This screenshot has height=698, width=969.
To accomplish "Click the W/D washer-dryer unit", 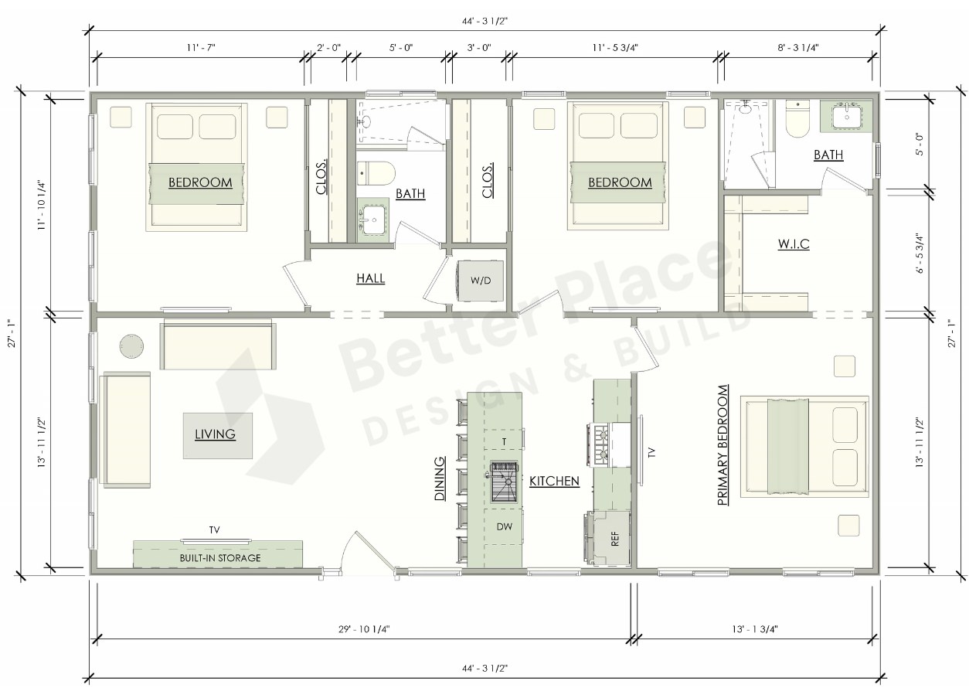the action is tap(481, 280).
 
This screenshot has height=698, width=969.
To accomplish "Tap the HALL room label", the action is tap(371, 278).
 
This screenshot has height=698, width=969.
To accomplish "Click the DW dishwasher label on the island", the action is tap(505, 526).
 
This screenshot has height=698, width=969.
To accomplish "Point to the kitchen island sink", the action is tap(504, 482).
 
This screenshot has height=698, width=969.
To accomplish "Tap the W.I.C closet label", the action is tap(794, 244).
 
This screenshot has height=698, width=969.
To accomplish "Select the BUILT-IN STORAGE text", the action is tap(220, 558).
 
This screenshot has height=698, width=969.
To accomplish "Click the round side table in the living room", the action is tap(131, 346).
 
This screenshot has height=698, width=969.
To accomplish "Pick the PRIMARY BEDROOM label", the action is tap(722, 445).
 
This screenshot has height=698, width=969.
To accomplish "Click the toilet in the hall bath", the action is tap(376, 173).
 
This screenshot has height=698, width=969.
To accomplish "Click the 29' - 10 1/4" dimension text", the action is tap(364, 628).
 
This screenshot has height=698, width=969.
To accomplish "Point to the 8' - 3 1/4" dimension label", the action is tap(798, 47).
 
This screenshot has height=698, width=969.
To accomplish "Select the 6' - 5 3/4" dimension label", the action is tap(920, 253).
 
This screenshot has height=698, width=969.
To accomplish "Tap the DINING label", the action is tap(440, 478).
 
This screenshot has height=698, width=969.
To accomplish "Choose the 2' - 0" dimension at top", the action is tap(328, 47).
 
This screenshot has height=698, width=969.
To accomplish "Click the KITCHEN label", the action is tap(554, 481).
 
